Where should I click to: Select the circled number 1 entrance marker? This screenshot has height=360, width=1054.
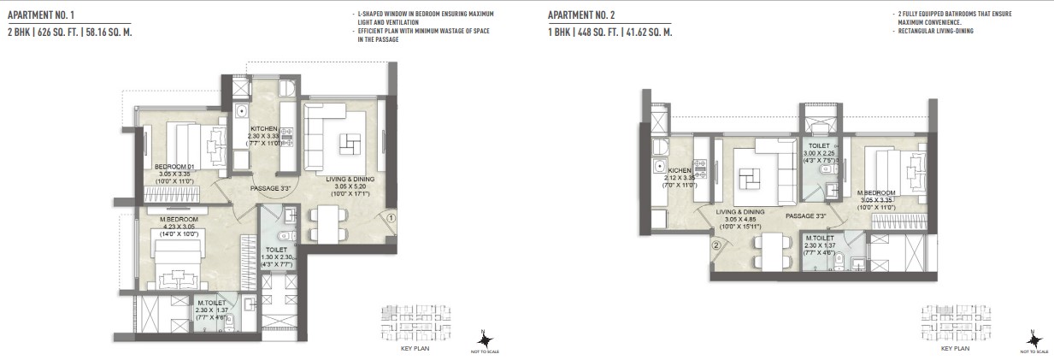391,217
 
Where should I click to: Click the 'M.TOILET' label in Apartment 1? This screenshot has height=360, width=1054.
211,302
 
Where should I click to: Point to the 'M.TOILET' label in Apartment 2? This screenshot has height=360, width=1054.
821,238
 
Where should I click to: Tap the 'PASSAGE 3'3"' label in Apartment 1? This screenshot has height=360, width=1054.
271,188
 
